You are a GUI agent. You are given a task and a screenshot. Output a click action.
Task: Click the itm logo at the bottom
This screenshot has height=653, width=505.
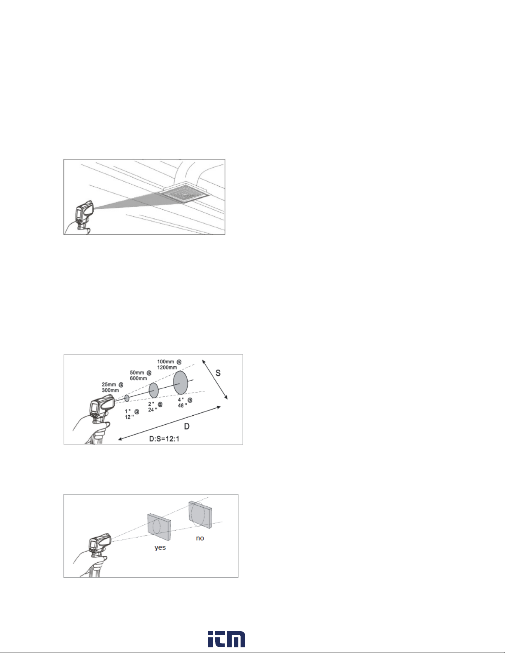tap(226, 639)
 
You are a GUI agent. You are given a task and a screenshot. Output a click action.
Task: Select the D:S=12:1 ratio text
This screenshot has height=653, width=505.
tap(164, 439)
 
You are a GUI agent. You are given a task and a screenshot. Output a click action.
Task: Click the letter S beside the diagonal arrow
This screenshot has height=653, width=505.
tap(218, 373)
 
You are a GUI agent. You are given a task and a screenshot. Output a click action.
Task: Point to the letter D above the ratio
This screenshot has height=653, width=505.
tap(187, 426)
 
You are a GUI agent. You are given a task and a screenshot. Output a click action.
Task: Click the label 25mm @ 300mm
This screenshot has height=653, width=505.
tap(113, 387)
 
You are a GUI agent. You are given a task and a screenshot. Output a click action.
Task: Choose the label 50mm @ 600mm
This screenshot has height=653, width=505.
tap(141, 375)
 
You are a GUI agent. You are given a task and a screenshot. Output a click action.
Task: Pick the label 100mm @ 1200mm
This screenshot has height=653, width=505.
tap(169, 364)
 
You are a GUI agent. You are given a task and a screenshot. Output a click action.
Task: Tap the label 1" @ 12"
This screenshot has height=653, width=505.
tap(132, 414)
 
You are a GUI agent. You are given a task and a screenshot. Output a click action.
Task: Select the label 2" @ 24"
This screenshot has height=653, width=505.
tap(155, 407)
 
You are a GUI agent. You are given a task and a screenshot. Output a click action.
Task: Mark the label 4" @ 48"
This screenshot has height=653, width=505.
tap(185, 403)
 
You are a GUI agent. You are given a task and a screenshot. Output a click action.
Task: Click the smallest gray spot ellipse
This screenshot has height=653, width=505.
tap(127, 398)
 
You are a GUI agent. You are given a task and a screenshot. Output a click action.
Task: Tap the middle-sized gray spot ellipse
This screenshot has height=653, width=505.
tap(154, 390)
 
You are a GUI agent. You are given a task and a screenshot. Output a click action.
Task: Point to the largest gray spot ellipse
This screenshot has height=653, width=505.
tap(181, 383)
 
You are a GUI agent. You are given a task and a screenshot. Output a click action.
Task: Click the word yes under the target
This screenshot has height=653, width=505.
tap(160, 547)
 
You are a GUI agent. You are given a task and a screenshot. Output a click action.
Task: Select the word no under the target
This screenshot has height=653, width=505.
tap(200, 538)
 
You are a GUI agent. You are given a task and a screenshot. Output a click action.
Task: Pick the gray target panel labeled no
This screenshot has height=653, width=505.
tap(200, 515)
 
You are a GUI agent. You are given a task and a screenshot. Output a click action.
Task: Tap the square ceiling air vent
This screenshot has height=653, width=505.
tap(184, 193)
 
